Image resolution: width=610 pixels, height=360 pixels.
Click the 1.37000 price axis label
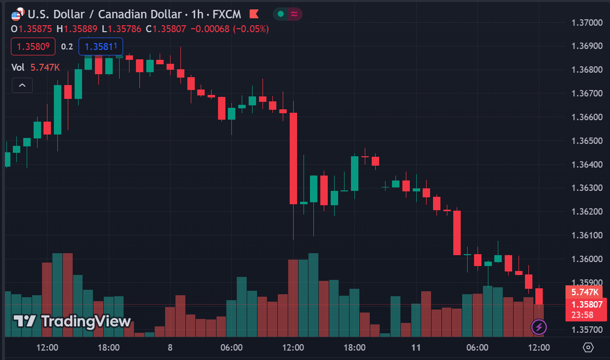(587, 22)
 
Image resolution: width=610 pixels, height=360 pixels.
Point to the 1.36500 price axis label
(587, 141)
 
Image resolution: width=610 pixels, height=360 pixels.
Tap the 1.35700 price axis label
(587, 329)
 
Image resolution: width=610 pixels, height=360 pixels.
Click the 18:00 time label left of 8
(109, 348)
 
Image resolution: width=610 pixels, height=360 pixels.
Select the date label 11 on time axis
(416, 348)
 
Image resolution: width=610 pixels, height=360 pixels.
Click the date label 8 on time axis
(170, 348)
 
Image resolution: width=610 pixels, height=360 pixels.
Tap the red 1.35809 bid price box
(33, 46)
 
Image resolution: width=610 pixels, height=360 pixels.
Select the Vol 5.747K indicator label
(36, 67)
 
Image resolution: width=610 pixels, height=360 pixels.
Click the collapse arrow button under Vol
(22, 86)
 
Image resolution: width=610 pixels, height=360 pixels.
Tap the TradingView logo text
(72, 321)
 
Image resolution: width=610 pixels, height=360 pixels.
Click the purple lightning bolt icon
(538, 327)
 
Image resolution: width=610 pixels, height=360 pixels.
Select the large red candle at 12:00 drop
(293, 158)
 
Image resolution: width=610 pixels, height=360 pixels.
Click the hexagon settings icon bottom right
(588, 347)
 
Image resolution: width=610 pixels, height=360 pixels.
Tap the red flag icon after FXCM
(254, 14)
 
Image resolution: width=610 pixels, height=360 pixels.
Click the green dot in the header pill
(281, 14)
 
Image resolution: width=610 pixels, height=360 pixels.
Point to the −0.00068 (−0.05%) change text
(229, 29)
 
